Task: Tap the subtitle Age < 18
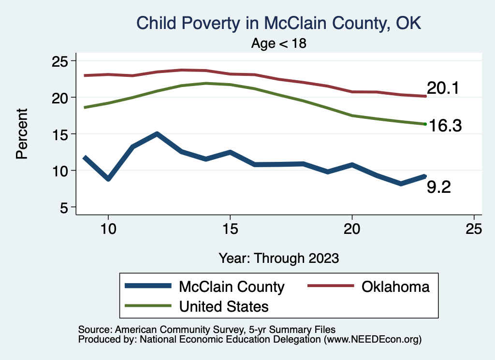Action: [279, 43]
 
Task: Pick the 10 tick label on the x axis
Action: [108, 229]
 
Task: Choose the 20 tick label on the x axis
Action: [352, 229]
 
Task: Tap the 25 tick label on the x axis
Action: [474, 229]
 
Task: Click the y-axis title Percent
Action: [21, 134]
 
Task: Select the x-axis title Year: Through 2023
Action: [279, 258]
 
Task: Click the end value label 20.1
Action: [442, 88]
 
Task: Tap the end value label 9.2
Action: [438, 187]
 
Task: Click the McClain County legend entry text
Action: [232, 287]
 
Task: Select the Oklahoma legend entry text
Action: [395, 287]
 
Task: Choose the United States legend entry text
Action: [223, 306]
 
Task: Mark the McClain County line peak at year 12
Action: [157, 134]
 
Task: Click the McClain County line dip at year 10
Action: [108, 179]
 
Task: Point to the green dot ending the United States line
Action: [425, 124]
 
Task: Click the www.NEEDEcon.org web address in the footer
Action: [372, 340]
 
